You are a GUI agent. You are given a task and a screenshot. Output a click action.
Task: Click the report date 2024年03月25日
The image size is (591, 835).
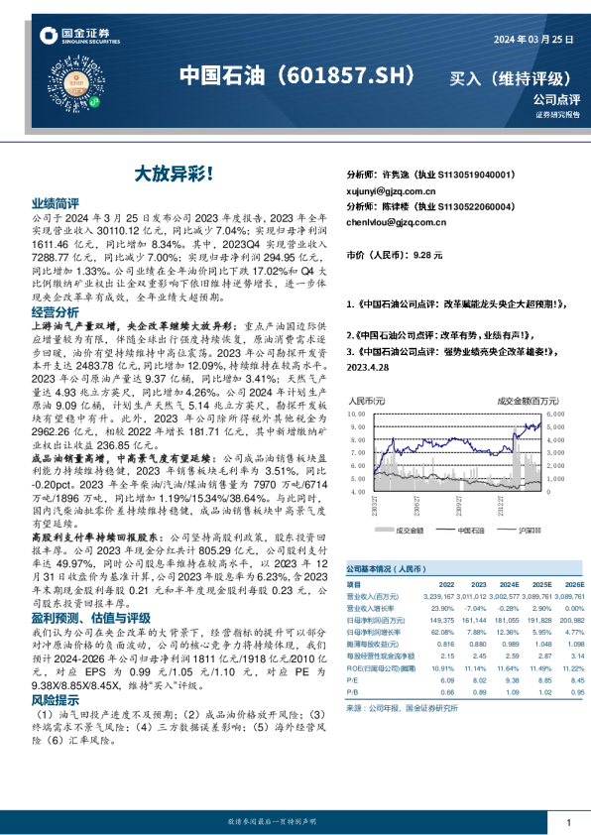coord(532,39)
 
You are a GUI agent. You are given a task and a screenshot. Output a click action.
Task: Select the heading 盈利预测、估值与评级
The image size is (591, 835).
coord(84,615)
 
